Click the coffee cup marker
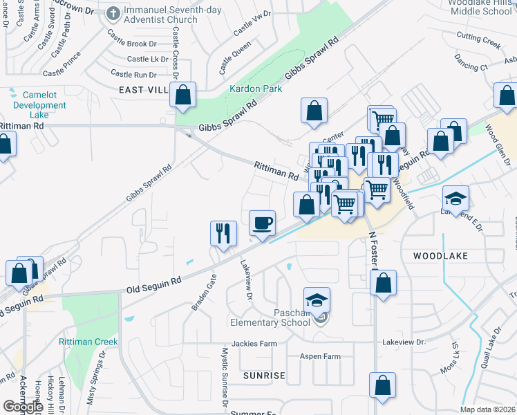click(262, 223)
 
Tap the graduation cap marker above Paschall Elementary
click(317, 300)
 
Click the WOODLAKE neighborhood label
click(440, 256)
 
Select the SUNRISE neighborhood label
click(264, 375)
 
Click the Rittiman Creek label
click(88, 342)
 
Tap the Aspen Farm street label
click(320, 356)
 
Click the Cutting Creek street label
click(478, 43)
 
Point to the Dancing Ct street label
click(472, 66)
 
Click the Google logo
click(22, 407)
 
